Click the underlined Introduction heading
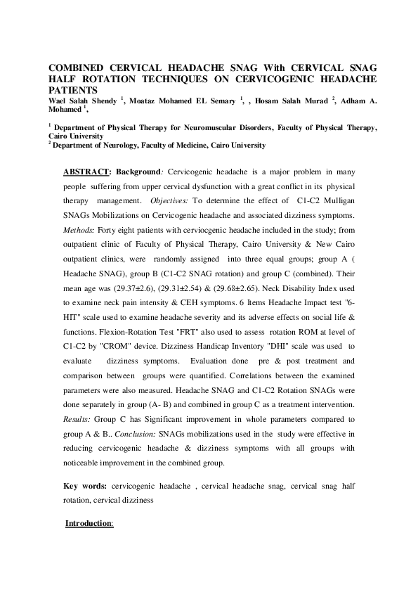click(x=89, y=524)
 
